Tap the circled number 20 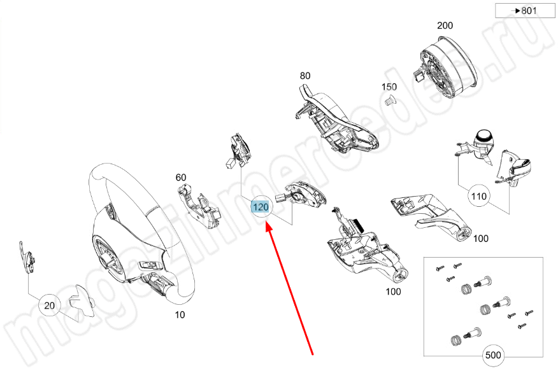click(49, 306)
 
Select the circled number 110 click(479, 196)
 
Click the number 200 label click(445, 26)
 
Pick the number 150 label click(389, 87)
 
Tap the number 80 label click(305, 76)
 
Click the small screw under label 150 click(389, 99)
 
